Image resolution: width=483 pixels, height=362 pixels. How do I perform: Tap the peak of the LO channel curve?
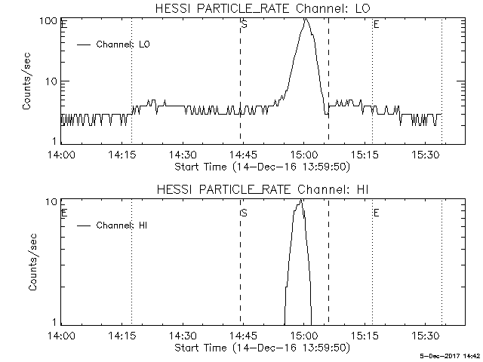305,19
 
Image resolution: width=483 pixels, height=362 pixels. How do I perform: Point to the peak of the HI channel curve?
301,200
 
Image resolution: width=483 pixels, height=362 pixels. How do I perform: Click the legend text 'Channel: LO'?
124,44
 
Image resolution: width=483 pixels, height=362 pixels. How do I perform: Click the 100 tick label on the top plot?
50,20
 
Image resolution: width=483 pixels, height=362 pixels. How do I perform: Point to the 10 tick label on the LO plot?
52,81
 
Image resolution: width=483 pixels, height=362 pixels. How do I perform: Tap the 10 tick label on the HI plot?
52,201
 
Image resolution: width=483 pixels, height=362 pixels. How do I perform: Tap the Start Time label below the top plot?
260,167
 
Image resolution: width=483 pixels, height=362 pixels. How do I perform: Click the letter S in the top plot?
244,24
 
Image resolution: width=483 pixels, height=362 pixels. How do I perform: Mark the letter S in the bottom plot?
244,213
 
